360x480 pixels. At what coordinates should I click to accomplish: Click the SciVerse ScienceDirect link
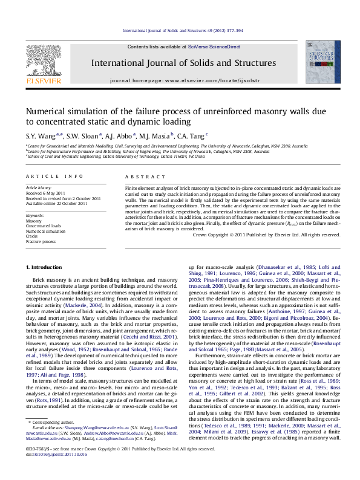point(214,47)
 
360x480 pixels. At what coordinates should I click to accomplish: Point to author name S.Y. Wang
point(40,135)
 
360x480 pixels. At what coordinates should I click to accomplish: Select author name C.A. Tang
point(192,135)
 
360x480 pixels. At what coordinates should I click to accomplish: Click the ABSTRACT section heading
point(140,176)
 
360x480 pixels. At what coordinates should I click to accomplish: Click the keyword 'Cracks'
point(33,236)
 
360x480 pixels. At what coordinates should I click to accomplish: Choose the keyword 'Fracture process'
point(41,241)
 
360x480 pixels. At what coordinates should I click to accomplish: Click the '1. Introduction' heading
point(44,267)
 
